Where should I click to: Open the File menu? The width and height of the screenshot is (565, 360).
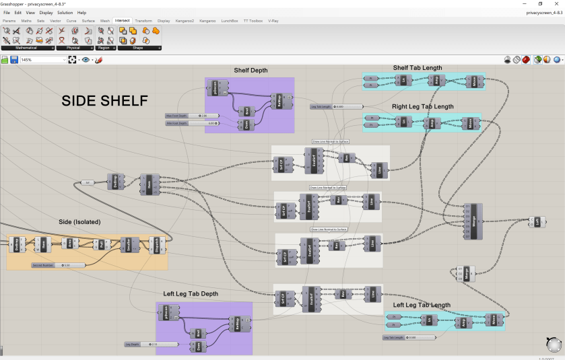click(x=7, y=13)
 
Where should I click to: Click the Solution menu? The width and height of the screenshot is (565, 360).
click(x=65, y=13)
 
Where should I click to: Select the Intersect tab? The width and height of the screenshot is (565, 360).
click(x=123, y=21)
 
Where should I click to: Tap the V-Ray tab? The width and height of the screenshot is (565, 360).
click(x=273, y=21)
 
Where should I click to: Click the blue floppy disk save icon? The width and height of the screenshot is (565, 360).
click(x=13, y=60)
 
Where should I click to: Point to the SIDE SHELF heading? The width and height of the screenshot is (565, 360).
click(x=104, y=100)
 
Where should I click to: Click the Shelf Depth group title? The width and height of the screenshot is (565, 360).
click(x=250, y=71)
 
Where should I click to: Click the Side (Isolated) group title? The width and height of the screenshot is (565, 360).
click(x=79, y=221)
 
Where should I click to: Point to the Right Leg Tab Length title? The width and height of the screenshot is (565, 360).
click(x=422, y=106)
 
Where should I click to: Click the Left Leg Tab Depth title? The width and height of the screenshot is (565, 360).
click(x=191, y=294)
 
